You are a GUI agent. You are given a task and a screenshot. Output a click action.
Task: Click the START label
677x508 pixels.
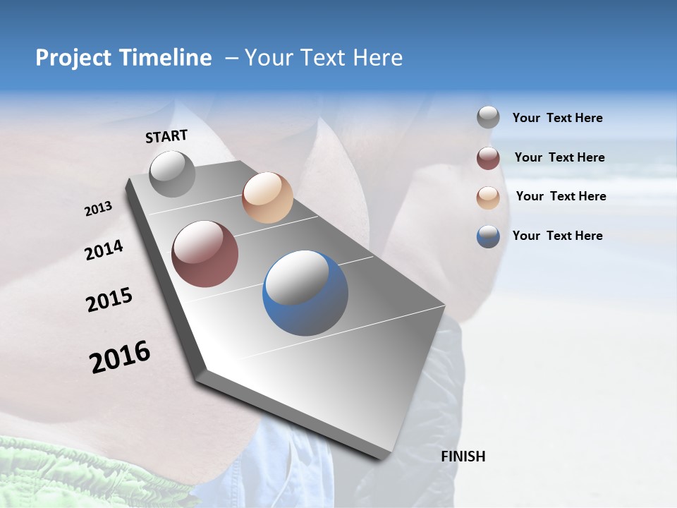pos(166,136)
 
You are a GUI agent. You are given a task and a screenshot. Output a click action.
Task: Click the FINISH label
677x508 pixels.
pos(463,456)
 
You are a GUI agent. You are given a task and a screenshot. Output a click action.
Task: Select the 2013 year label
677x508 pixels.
pos(98,209)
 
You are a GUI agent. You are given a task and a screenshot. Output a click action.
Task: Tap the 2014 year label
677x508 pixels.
pos(104,250)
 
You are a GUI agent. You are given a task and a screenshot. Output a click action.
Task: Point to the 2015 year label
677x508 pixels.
pos(109,300)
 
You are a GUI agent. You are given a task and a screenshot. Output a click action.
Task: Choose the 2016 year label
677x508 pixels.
pos(120,357)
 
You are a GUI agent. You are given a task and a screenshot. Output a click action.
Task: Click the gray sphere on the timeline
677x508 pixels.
pos(173,174)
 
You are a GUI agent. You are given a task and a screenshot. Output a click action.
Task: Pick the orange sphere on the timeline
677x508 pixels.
pos(267,198)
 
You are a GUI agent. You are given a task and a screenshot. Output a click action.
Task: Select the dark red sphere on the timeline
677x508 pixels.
pos(205,254)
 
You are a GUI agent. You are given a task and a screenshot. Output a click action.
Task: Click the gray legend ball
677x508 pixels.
pos(488,118)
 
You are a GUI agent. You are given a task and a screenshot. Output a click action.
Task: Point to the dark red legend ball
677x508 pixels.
pos(488,158)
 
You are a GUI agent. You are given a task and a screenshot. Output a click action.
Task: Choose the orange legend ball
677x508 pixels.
pos(488,198)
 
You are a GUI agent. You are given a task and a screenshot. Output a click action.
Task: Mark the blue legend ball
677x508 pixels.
pos(488,236)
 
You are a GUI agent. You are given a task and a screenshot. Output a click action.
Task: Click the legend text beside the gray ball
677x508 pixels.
pos(557,118)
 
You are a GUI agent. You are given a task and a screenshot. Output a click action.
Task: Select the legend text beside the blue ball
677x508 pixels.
pos(557,236)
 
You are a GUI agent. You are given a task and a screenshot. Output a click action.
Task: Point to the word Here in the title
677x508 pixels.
pos(377,58)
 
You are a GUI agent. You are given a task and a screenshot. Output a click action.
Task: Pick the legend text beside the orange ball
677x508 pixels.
pos(561,196)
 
